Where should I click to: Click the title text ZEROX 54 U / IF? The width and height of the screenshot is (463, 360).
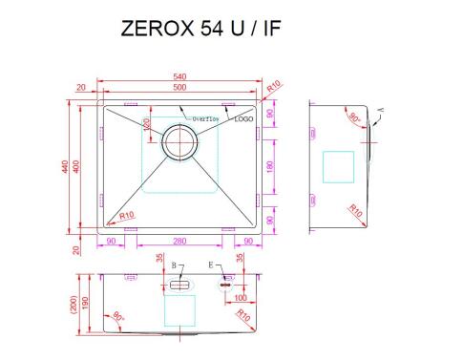(200, 30)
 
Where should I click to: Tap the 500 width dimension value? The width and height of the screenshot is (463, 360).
(179, 88)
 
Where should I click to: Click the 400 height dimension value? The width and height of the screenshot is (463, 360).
(76, 165)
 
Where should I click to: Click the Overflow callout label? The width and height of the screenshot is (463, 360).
(206, 119)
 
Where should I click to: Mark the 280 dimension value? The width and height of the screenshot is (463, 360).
(179, 241)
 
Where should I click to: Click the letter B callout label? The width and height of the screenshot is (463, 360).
(173, 264)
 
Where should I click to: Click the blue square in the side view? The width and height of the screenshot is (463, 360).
(339, 166)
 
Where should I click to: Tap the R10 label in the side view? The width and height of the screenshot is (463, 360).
(355, 210)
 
